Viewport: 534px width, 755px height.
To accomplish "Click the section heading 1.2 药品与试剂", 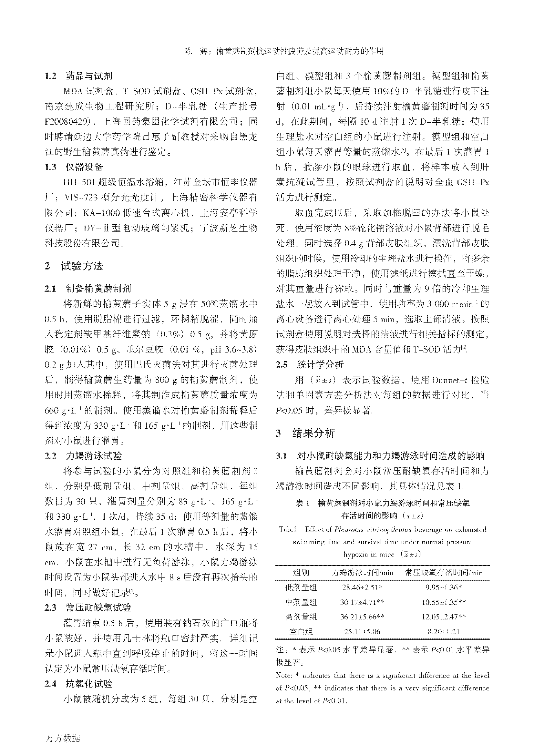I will (x=78, y=76).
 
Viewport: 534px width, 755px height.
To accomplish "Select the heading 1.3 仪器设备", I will (x=74, y=167).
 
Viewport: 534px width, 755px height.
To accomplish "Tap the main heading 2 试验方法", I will (x=74, y=266).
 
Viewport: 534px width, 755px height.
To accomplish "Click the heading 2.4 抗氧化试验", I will (x=78, y=684).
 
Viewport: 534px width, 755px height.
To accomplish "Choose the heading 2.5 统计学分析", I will (x=309, y=365).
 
